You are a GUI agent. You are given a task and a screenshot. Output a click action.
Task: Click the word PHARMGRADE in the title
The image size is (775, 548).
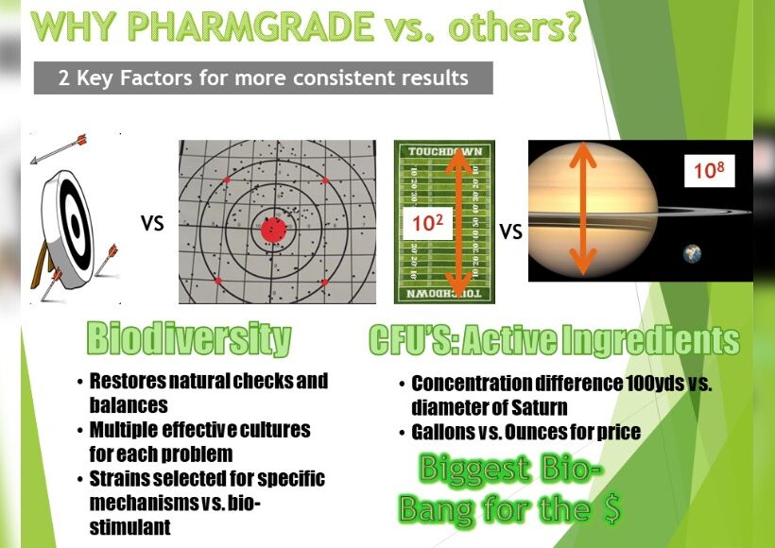[250, 26]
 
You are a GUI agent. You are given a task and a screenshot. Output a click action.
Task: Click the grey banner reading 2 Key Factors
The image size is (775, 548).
[264, 78]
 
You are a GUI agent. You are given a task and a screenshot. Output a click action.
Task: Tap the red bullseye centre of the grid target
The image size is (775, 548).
[273, 231]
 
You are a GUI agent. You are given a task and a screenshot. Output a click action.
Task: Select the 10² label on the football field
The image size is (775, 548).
[427, 223]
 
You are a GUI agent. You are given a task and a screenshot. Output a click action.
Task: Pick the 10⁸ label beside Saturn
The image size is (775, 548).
[709, 170]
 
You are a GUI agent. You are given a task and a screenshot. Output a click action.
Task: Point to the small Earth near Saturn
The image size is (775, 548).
[692, 253]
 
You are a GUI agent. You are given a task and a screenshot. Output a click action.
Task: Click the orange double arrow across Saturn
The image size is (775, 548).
[584, 208]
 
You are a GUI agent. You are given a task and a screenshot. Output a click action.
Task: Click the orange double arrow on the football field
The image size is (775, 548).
[458, 222]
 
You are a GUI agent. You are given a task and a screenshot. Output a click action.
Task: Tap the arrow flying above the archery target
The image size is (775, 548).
[59, 148]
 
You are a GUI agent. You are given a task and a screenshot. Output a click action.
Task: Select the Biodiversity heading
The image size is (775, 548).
[189, 339]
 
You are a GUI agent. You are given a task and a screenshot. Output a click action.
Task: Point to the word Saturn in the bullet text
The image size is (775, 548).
[540, 407]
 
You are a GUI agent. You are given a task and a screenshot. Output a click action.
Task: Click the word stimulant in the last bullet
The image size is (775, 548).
[130, 527]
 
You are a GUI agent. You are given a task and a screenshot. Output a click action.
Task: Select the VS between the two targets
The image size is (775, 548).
[152, 223]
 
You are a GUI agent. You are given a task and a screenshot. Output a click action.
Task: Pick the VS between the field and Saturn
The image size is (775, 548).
[510, 231]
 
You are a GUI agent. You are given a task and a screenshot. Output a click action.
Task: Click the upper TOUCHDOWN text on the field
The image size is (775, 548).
[445, 151]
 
